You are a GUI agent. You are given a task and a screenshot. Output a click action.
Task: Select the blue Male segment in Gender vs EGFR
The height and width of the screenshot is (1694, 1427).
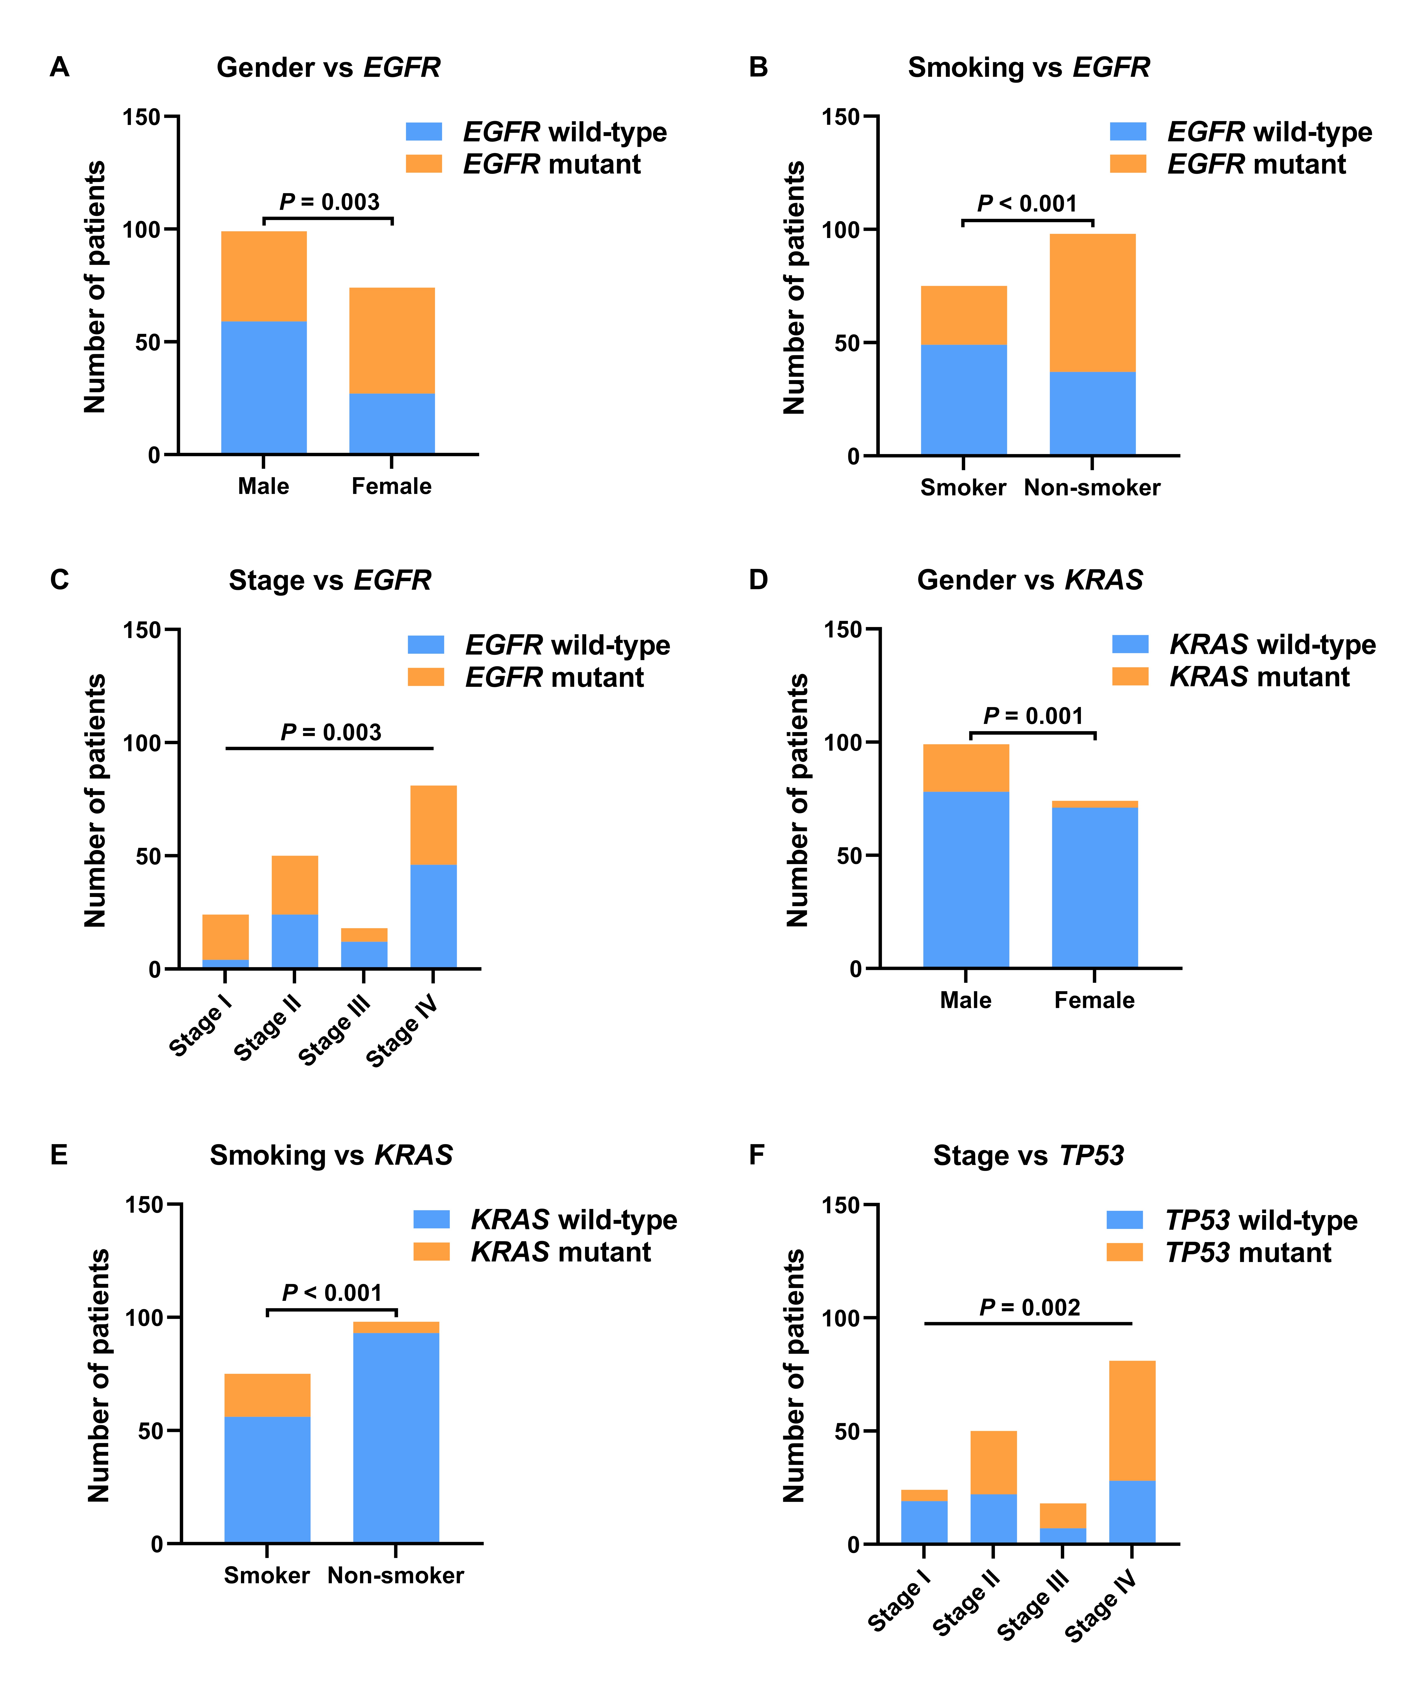264,388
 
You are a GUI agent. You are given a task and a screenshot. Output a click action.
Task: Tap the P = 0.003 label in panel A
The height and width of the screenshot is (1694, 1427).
329,202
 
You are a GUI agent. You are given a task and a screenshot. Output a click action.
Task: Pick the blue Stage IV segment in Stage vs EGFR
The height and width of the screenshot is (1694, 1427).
434,916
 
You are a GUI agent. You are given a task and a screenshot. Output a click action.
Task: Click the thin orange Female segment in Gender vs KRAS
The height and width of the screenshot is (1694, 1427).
1094,804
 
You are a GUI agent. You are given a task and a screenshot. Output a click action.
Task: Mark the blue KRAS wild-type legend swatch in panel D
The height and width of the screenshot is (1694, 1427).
1130,644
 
